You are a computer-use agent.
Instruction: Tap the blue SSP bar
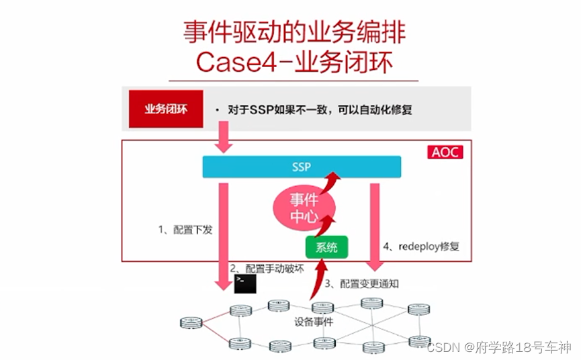point(302,167)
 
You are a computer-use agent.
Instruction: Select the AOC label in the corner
point(445,152)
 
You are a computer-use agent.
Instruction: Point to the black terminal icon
point(244,283)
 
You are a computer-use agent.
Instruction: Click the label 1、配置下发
point(185,230)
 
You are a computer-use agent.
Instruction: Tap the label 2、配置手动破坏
point(267,268)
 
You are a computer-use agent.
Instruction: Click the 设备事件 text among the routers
point(314,322)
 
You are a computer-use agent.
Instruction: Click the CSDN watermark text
point(498,347)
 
